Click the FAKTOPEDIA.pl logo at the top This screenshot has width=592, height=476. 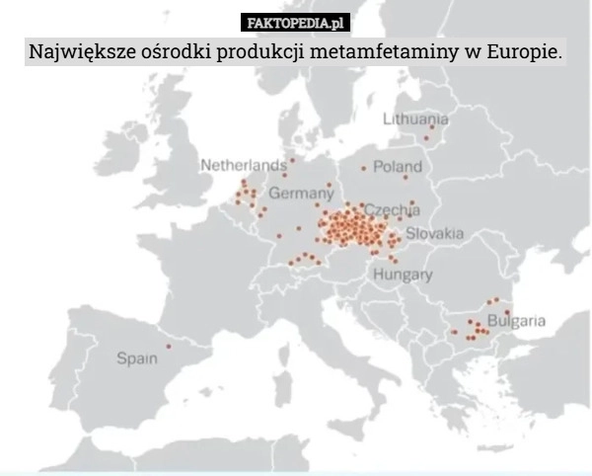296,22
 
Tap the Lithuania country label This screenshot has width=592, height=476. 416,119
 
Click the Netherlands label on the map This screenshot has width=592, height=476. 244,165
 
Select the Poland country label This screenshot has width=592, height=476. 397,167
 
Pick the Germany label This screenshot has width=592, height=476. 301,191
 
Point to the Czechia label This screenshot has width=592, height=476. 393,209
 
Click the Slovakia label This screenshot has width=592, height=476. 435,233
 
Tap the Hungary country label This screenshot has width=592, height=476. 403,274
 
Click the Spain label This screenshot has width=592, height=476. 137,357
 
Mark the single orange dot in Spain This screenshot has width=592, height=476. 169,346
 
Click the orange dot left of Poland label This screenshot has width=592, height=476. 363,168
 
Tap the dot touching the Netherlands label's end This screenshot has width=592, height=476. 292,160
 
